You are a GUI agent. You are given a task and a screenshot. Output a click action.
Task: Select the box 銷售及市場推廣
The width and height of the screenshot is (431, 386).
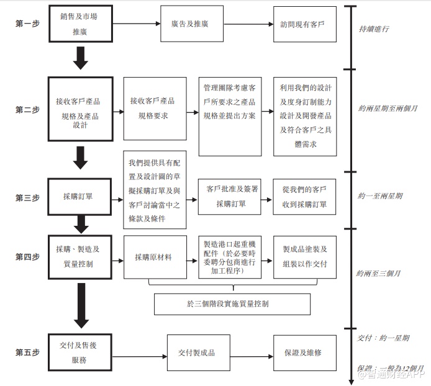pos(81,24)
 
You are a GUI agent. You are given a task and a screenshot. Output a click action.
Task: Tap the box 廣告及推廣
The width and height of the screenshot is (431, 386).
pos(191,24)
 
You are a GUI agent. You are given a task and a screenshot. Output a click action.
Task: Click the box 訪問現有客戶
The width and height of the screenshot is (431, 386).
pos(304,24)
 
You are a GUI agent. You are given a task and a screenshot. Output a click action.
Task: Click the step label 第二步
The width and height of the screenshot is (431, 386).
pos(27,109)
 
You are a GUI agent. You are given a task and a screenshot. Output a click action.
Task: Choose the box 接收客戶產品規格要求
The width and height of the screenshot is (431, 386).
pos(155,109)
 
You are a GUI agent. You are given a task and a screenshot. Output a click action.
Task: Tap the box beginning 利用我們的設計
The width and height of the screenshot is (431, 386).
pos(304,116)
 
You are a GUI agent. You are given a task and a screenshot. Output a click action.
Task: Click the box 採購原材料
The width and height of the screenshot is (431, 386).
pos(155,257)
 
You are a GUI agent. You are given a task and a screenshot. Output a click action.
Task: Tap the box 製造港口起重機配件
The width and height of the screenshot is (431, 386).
pos(230,257)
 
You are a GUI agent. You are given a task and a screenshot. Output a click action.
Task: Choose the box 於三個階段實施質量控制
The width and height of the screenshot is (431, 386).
pos(232,304)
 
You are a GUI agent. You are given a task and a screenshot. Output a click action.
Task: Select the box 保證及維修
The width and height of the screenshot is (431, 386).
pos(304,353)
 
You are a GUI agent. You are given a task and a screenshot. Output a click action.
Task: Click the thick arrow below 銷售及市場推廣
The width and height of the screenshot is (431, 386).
pos(81,57)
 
